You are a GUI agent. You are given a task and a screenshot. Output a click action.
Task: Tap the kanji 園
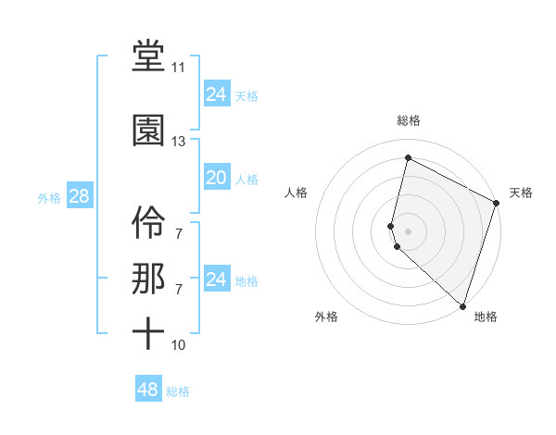tap(148, 130)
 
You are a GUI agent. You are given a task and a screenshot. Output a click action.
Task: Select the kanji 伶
tap(148, 219)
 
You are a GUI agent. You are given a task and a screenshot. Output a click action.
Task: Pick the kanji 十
tap(148, 333)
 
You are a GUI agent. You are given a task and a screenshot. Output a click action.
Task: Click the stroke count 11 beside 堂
tap(178, 68)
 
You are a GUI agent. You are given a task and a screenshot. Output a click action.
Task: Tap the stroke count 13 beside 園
tap(178, 142)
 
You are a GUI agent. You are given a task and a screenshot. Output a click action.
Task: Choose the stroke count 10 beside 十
tap(178, 345)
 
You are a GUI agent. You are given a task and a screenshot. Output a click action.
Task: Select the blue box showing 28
tap(79, 196)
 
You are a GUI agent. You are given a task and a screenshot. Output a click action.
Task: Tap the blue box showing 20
tap(216, 178)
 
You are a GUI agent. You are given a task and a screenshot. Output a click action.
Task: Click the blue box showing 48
tap(147, 390)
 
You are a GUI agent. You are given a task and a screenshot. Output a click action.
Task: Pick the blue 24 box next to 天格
tap(216, 93)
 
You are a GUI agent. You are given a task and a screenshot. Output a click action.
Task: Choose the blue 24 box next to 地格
tap(216, 280)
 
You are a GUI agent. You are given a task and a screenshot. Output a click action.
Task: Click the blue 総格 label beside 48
tap(178, 391)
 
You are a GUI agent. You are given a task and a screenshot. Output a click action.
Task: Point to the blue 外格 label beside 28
tap(49, 197)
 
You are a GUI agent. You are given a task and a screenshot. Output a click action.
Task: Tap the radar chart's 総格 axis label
tap(409, 120)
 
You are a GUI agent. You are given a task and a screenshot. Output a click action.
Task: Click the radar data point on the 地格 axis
tap(462, 306)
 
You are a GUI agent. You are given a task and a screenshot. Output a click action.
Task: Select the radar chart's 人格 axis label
tap(297, 193)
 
